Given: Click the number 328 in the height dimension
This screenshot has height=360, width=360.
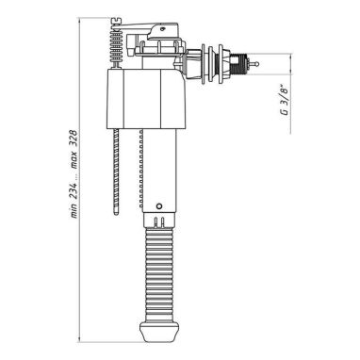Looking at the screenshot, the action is pyautogui.click(x=74, y=138).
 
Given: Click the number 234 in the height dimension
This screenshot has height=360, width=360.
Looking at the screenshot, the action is pyautogui.click(x=74, y=189).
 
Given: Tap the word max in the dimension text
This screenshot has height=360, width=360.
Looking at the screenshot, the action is pyautogui.click(x=74, y=161).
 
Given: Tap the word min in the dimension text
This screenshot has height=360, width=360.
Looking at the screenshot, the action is pyautogui.click(x=74, y=210).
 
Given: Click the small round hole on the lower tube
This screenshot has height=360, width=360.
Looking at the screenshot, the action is pyautogui.click(x=159, y=206).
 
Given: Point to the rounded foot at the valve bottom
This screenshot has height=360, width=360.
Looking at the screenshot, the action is pyautogui.click(x=159, y=334).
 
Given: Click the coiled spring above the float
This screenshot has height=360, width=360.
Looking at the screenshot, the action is pyautogui.click(x=116, y=46).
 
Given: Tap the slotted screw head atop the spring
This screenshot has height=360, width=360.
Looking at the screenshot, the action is pyautogui.click(x=116, y=21).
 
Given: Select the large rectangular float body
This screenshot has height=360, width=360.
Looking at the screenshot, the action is pyautogui.click(x=147, y=99).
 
